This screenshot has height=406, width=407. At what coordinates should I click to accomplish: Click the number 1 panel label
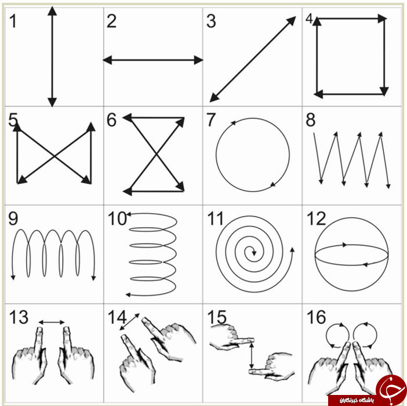pyautogui.click(x=13, y=21)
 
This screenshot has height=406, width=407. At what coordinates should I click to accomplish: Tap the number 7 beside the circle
pyautogui.click(x=210, y=120)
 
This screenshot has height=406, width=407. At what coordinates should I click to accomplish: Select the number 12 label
pyautogui.click(x=316, y=218)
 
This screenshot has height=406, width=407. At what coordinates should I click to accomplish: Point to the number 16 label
pyautogui.click(x=316, y=317)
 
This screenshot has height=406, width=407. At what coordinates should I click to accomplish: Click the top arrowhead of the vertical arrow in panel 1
pyautogui.click(x=52, y=10)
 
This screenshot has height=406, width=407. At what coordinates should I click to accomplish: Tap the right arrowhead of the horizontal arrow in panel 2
pyautogui.click(x=198, y=60)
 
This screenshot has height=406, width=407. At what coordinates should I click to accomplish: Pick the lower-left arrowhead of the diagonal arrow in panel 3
pyautogui.click(x=214, y=97)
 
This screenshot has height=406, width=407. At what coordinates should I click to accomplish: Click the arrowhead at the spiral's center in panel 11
pyautogui.click(x=254, y=252)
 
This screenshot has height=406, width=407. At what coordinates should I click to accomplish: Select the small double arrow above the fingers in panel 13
pyautogui.click(x=52, y=322)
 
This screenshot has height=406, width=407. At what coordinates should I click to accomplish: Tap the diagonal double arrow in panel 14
pyautogui.click(x=129, y=322)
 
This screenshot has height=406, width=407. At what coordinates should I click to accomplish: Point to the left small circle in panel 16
pyautogui.click(x=337, y=335)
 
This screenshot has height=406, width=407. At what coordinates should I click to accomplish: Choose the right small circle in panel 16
pyautogui.click(x=365, y=335)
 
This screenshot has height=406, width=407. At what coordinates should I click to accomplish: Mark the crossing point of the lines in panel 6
pyautogui.click(x=157, y=155)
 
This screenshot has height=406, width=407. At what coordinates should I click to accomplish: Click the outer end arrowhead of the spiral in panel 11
pyautogui.click(x=292, y=250)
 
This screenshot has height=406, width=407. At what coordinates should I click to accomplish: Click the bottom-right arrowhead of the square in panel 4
pyautogui.click(x=384, y=91)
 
